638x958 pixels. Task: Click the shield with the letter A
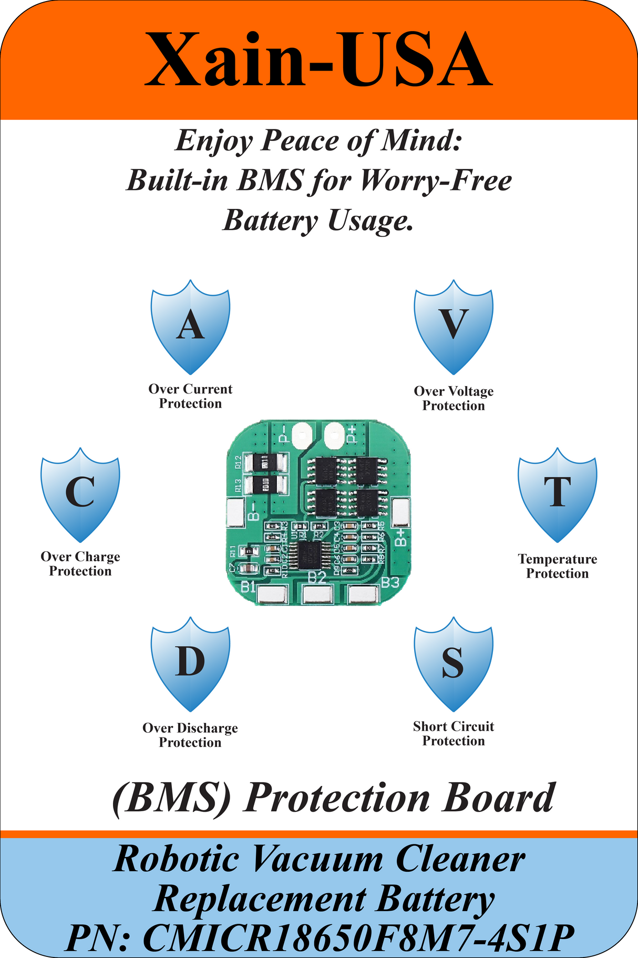[x=190, y=326]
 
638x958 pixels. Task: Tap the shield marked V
[x=454, y=326]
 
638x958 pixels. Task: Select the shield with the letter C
[x=80, y=494]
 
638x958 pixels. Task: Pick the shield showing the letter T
[x=557, y=494]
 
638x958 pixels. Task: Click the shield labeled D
[x=190, y=663]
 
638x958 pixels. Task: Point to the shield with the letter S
[x=454, y=663]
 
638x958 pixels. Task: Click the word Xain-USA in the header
[x=318, y=59]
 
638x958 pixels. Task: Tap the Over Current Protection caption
[x=190, y=396]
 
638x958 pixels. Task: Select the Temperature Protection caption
[x=557, y=566]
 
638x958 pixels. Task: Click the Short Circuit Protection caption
[x=454, y=733]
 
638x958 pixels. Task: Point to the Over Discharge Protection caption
[x=190, y=735]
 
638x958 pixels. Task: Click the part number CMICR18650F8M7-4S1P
[x=358, y=937]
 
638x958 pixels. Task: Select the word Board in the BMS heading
[x=498, y=798]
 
